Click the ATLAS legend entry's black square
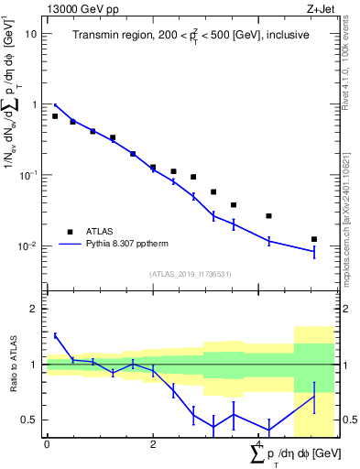pyautogui.click(x=70, y=232)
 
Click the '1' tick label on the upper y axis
pyautogui.click(x=33, y=104)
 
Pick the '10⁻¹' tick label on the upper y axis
pyautogui.click(x=28, y=174)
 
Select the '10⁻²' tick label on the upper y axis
pyautogui.click(x=28, y=245)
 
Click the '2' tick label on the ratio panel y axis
pyautogui.click(x=34, y=309)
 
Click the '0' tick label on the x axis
pyautogui.click(x=47, y=444)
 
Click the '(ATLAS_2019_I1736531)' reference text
pyautogui.click(x=190, y=274)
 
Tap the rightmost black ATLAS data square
pyautogui.click(x=314, y=239)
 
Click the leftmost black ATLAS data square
pyautogui.click(x=55, y=116)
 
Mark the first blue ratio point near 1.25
pyautogui.click(x=55, y=336)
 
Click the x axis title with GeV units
pyautogui.click(x=275, y=454)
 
